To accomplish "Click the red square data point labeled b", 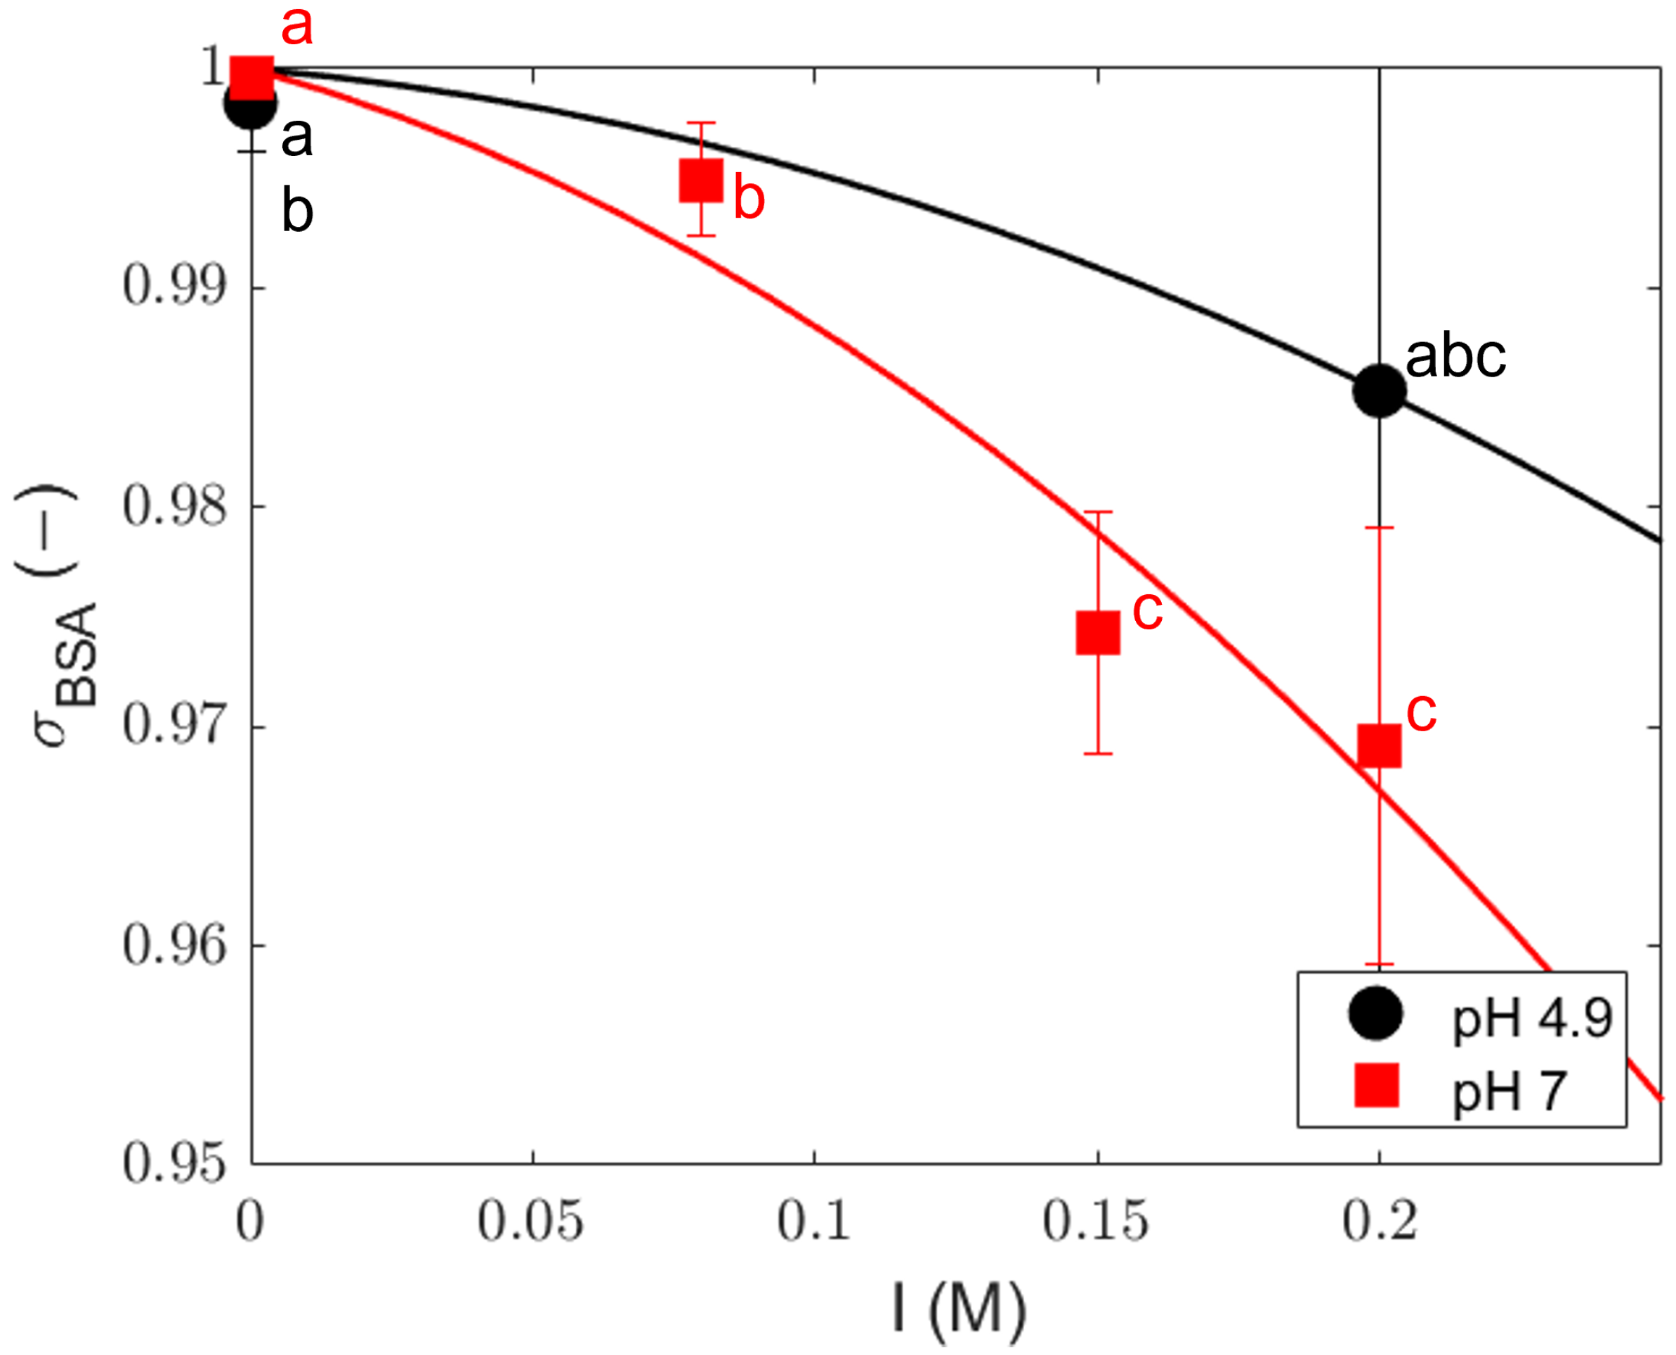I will coord(700,181).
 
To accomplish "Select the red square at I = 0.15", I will coord(1098,632).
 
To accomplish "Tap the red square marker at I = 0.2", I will coord(1380,745).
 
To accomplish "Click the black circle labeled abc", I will coord(1380,391).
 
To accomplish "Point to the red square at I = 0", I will coord(252,77).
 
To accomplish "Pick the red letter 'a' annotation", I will coord(296,27).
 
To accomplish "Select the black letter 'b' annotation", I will coord(296,211).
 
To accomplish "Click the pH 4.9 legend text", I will coord(1531,1018).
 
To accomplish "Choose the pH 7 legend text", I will coord(1508,1090).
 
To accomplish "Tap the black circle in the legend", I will coord(1375,1014).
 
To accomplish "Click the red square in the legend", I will coord(1375,1085).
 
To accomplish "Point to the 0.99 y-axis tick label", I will coord(174,287).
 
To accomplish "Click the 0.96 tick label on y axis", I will coord(174,945).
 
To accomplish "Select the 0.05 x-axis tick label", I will coord(531,1222).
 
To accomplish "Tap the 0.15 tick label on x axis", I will coord(1096,1222).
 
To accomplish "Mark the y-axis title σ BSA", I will coord(58,617).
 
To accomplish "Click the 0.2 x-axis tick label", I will coord(1380,1222).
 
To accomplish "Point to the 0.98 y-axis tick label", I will coord(174,506).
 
